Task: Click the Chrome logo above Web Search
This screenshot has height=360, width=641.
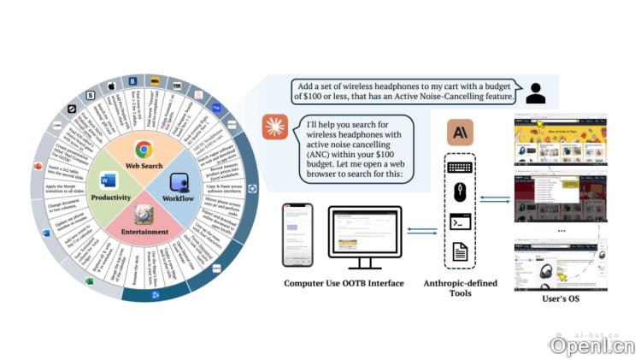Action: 143,148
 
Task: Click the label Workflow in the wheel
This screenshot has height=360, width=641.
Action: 178,198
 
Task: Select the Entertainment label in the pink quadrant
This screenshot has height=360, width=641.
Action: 143,231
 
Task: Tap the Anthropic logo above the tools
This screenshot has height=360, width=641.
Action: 461,132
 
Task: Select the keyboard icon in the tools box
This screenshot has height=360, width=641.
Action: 461,167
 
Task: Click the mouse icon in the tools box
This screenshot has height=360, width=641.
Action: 461,193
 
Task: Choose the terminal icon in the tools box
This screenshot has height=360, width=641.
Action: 461,221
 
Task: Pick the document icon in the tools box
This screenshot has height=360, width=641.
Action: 461,251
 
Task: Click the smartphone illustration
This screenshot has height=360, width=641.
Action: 297,234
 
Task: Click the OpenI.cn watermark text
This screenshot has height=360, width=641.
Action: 592,345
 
